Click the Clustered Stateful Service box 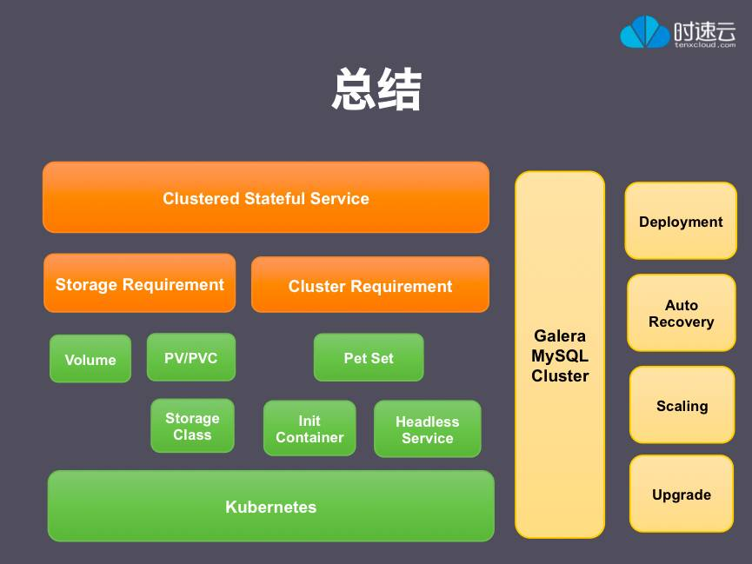pyautogui.click(x=265, y=197)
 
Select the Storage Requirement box pyautogui.click(x=139, y=283)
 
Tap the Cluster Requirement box pyautogui.click(x=370, y=285)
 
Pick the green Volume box pyautogui.click(x=90, y=359)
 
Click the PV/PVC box pyautogui.click(x=191, y=357)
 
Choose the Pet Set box pyautogui.click(x=369, y=357)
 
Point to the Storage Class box pyautogui.click(x=192, y=426)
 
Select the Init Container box pyautogui.click(x=309, y=428)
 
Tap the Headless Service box pyautogui.click(x=427, y=429)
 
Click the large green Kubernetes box pyautogui.click(x=270, y=506)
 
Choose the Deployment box pyautogui.click(x=681, y=221)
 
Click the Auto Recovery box pyautogui.click(x=682, y=313)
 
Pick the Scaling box pyautogui.click(x=682, y=405)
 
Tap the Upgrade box pyautogui.click(x=682, y=494)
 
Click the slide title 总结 pyautogui.click(x=376, y=90)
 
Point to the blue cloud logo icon pyautogui.click(x=644, y=32)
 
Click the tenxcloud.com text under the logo pyautogui.click(x=705, y=45)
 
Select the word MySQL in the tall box pyautogui.click(x=560, y=355)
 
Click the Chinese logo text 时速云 pyautogui.click(x=705, y=30)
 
